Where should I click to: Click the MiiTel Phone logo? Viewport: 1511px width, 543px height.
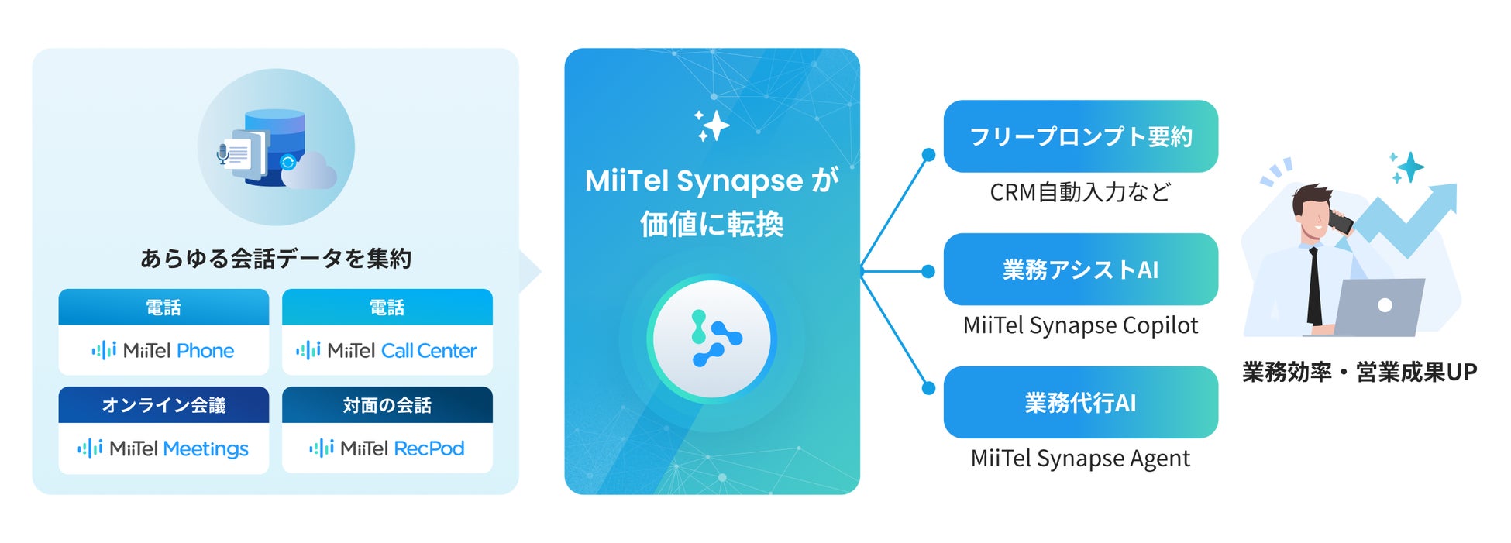(163, 351)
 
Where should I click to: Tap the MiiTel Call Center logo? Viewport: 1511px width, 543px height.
(386, 351)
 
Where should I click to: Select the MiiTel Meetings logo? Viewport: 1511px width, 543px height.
(163, 448)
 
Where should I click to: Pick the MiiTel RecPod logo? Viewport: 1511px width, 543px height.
(386, 448)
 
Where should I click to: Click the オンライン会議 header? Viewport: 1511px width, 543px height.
(163, 405)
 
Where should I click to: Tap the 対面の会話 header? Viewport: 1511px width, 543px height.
(387, 405)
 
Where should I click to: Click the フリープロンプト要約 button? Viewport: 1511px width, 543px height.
(1080, 136)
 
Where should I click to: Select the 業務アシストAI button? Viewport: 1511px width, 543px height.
(1080, 270)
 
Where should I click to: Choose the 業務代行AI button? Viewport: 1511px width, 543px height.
(1080, 403)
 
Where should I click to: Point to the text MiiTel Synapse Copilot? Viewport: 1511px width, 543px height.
(1080, 325)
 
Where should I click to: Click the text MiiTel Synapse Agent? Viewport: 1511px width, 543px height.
(1080, 459)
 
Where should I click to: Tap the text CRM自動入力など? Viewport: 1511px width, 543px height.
(1080, 192)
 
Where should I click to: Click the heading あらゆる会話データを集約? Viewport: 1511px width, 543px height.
(275, 258)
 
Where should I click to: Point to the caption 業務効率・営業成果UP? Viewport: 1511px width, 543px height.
(1359, 373)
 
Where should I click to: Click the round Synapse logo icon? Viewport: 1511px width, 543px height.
(712, 339)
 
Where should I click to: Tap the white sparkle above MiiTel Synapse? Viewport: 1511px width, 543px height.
(712, 125)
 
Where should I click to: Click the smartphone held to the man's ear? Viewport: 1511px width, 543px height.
(1341, 222)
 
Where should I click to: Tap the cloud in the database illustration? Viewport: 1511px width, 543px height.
(309, 172)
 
